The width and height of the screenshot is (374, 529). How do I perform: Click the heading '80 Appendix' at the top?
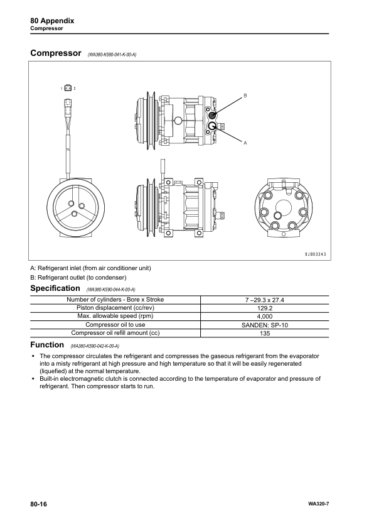(x=52, y=21)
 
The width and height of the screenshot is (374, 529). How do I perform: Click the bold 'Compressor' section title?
(x=56, y=53)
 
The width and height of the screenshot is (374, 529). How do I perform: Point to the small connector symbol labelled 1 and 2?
(x=68, y=89)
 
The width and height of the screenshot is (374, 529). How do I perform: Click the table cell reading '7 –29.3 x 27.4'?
(x=264, y=300)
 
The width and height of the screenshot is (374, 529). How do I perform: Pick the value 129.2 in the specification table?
(x=264, y=308)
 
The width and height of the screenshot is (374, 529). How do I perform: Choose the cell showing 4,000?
(x=264, y=317)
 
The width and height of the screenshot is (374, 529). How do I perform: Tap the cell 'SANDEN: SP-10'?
(x=264, y=325)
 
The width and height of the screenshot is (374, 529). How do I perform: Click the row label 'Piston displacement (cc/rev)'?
(x=115, y=308)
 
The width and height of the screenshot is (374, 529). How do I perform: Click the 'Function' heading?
(x=47, y=345)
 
